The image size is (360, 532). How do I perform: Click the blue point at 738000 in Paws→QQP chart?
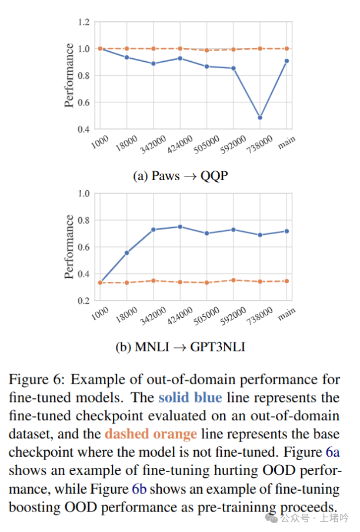coord(260,118)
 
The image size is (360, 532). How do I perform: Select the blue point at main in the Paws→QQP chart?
coord(287,61)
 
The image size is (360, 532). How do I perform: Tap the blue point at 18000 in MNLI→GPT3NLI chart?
coord(126,252)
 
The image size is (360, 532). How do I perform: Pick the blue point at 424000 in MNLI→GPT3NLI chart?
coord(180,227)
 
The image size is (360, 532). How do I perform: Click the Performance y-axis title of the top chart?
coord(69,75)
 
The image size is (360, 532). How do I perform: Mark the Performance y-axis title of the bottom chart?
coord(69,247)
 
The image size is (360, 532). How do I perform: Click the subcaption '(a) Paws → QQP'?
coord(180,175)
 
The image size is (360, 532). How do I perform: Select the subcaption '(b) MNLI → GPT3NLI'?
coord(180,347)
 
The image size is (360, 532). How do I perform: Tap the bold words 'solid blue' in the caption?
coord(189,398)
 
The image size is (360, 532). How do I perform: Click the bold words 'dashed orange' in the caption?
coord(151,434)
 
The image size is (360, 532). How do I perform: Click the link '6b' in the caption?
coord(138,489)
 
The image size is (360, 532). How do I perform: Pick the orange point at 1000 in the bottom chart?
coord(99,282)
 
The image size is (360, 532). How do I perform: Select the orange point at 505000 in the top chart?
coord(206,51)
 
